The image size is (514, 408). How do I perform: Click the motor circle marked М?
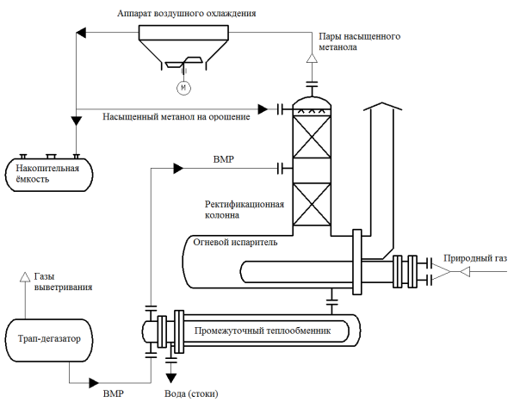pos(183,88)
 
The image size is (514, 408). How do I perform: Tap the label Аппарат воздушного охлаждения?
pos(187,14)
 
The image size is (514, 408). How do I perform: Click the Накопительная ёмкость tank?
pos(49,175)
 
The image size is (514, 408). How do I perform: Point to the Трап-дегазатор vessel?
pos(49,340)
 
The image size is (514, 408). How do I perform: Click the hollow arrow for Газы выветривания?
pos(25,277)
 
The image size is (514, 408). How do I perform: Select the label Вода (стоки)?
pos(191,393)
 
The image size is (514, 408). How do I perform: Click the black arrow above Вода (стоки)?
pos(170,378)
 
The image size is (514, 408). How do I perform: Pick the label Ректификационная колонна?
pos(245,210)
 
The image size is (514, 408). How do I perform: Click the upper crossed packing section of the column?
pos(312,137)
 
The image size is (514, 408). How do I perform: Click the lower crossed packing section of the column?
pos(312,205)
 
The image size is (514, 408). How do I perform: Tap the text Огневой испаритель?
pos(235,242)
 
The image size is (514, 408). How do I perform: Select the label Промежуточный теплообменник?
pos(263,331)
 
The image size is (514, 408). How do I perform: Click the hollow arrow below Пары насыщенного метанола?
pos(312,58)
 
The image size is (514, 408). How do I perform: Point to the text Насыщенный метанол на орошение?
pos(176,117)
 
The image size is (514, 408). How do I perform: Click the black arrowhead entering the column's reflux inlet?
pos(263,109)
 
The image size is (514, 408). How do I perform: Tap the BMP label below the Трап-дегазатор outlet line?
pos(114,393)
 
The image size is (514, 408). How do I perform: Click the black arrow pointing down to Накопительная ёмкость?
pos(76,121)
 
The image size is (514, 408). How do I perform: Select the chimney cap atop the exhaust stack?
pos(382,107)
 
